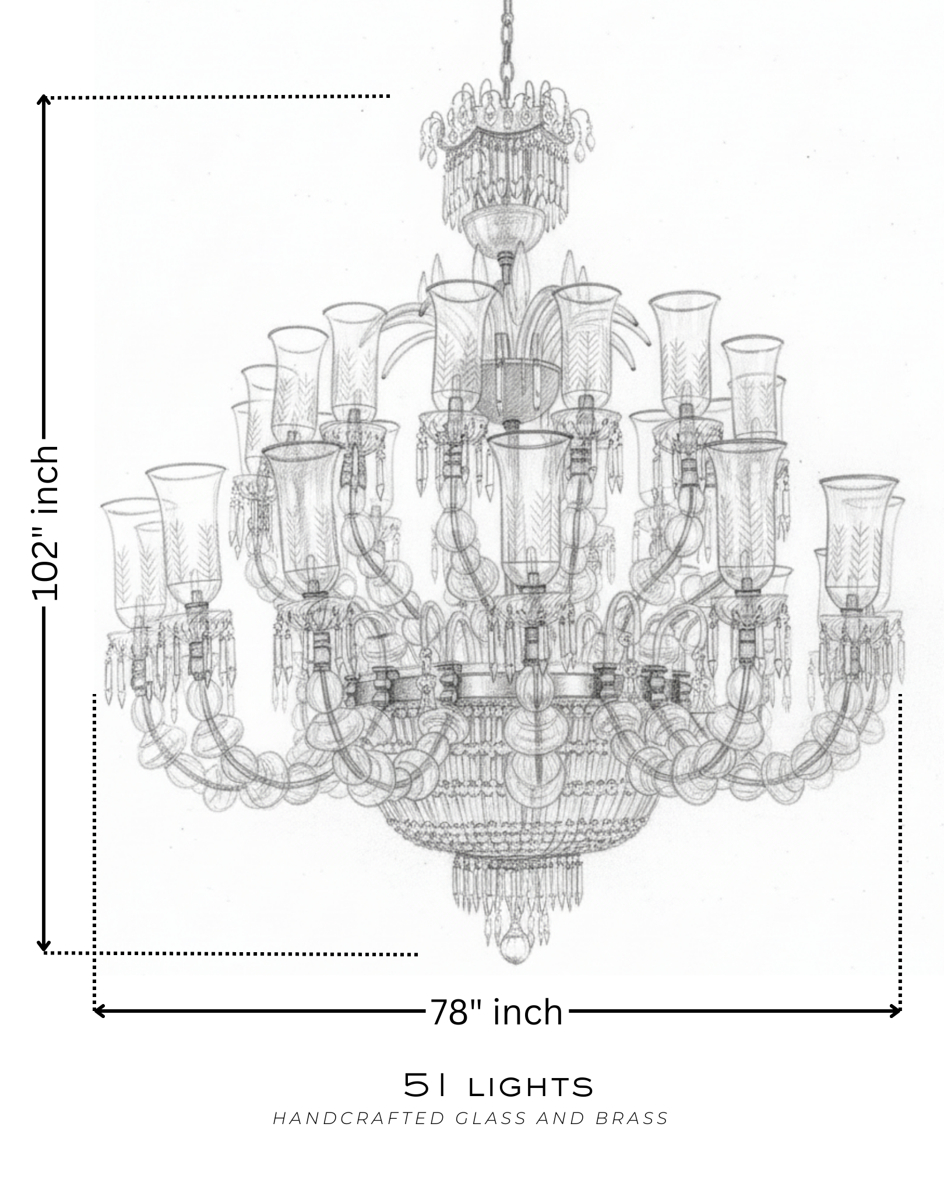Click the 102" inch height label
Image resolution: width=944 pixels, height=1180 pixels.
pos(45,523)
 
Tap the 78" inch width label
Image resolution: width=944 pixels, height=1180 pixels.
pos(496,1012)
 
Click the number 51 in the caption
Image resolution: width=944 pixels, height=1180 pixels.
pos(426,1086)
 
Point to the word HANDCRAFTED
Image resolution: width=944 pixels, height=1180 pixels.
pos(359,1118)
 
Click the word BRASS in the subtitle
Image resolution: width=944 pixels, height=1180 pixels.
pos(632,1118)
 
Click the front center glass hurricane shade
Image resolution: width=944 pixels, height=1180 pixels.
pos(528,507)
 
